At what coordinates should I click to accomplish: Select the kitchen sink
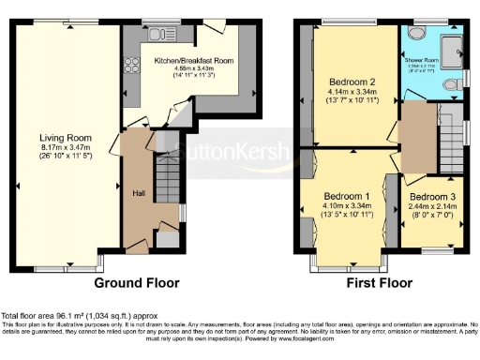[x=156, y=34]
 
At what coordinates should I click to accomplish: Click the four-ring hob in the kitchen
[x=129, y=66]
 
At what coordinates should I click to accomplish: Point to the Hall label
[x=138, y=192]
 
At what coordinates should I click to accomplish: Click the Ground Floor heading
[x=137, y=282]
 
